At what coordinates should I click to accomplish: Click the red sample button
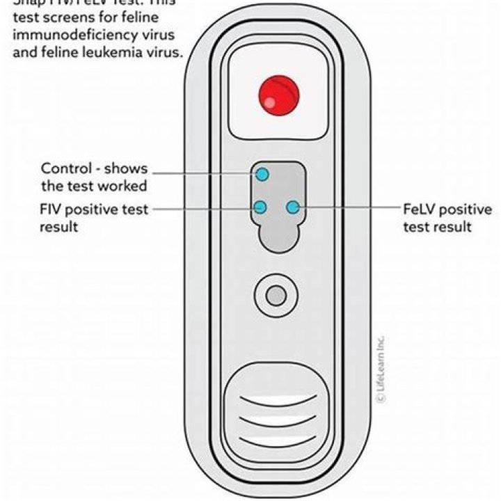coord(278,96)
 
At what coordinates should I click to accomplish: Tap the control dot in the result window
coord(262,173)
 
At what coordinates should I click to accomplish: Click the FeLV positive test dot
coord(293,207)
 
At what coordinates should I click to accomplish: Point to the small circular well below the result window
coord(276,296)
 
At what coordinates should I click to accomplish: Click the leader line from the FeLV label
coord(348,207)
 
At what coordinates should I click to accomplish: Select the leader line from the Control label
coord(202,173)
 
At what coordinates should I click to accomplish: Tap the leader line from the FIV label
coord(202,207)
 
